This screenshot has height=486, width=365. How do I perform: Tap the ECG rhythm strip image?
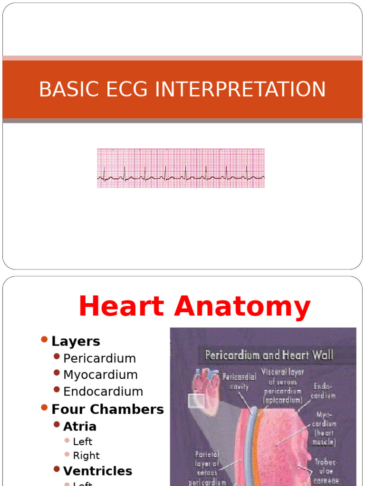point(181,168)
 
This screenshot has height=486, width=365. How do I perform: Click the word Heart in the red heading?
point(124,306)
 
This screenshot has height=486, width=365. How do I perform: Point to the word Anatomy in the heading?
point(242,307)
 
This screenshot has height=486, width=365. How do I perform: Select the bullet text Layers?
point(76,341)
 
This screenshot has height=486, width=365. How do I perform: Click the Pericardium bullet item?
point(99,358)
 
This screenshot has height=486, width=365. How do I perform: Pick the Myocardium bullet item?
point(100,375)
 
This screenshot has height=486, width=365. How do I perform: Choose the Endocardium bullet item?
point(103,392)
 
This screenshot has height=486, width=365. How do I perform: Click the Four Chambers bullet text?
point(107,409)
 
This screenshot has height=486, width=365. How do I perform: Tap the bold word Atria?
point(80,426)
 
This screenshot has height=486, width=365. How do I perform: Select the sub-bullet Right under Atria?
point(86,456)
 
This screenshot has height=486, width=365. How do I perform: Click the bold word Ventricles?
point(97,471)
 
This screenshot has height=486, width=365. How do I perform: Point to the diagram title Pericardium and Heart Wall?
point(269,355)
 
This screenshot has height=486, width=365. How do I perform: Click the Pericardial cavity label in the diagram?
point(239,381)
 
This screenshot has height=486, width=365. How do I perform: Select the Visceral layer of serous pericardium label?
point(282,386)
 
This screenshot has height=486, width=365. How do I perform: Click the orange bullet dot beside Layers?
point(45,339)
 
